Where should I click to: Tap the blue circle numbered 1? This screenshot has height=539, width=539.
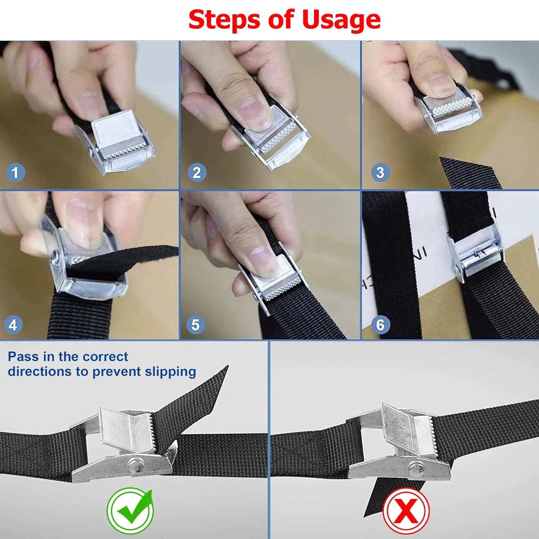coord(15,172)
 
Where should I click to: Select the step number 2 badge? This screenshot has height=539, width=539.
coord(197,172)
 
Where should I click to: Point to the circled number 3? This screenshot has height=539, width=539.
coord(380,172)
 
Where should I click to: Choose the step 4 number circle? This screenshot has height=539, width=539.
coord(13,325)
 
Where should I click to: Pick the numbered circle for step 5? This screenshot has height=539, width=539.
coord(195,325)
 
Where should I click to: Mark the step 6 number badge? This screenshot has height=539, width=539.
coord(381,325)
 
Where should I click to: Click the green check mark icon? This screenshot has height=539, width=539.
coord(130,510)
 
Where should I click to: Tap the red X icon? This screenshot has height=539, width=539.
coord(406,510)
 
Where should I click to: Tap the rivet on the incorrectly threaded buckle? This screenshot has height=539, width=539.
coord(416,468)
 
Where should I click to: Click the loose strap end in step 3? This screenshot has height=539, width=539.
coord(469,173)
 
